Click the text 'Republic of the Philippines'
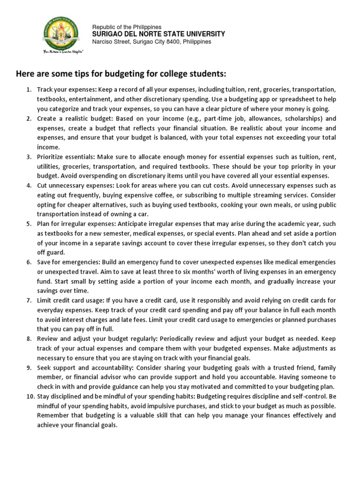pyautogui.click(x=127, y=27)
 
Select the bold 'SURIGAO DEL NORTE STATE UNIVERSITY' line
pyautogui.click(x=158, y=34)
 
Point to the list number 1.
pyautogui.click(x=29, y=89)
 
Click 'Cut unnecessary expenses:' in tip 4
pyautogui.click(x=74, y=186)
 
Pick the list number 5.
pyautogui.click(x=29, y=224)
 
